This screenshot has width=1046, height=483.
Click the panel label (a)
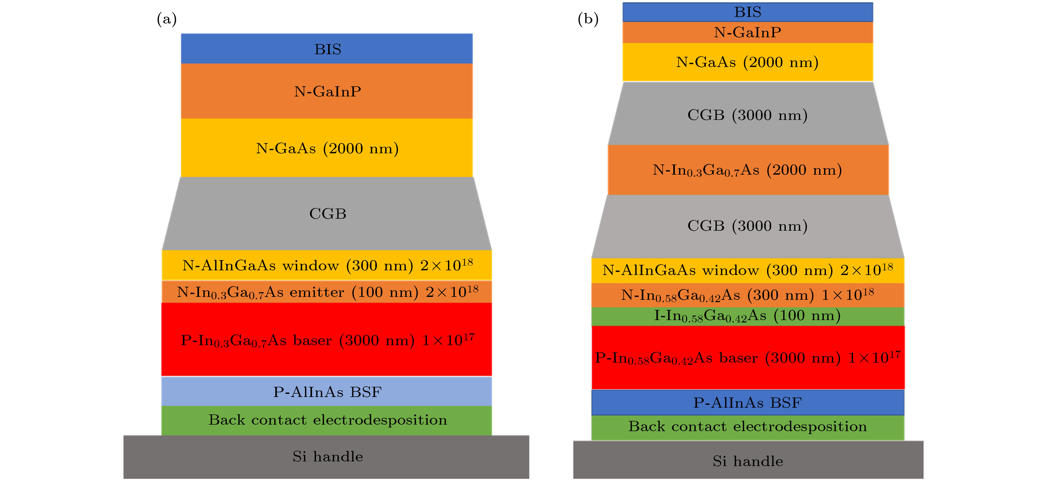(166, 19)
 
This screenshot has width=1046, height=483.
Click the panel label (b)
(588, 19)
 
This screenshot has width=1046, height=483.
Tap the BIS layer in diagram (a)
(327, 49)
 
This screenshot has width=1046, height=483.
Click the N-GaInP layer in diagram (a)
(327, 91)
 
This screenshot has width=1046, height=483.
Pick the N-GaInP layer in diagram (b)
(747, 32)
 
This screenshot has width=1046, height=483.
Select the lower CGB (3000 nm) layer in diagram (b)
(747, 226)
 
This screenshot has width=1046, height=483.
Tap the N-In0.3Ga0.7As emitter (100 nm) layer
(327, 292)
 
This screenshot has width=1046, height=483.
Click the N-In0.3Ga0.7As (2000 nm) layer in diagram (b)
(747, 170)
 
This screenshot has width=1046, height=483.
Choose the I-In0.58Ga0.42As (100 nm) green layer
(747, 316)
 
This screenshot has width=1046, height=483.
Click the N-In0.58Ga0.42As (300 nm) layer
(747, 295)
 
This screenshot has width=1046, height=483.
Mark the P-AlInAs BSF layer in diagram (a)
(327, 392)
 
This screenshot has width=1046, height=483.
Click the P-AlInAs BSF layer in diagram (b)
(747, 402)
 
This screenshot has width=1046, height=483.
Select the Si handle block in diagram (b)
(747, 461)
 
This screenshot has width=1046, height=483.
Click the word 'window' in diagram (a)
(311, 266)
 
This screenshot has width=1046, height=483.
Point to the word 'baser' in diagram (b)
(738, 358)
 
